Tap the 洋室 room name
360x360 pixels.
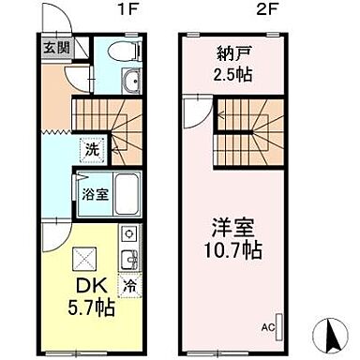pos(235,227)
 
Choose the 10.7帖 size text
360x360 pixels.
pos(235,249)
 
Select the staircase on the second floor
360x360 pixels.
pos(247,130)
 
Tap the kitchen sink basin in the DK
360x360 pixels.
pos(129,256)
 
